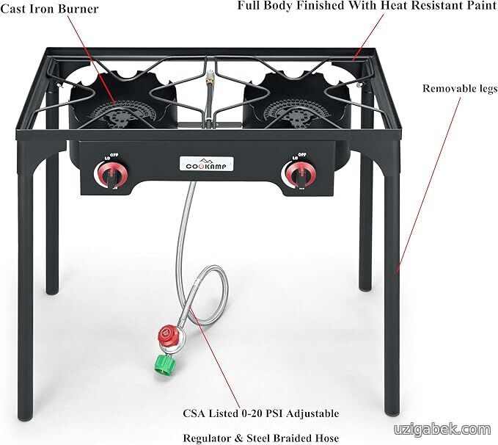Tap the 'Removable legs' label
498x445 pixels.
[x=460, y=89]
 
